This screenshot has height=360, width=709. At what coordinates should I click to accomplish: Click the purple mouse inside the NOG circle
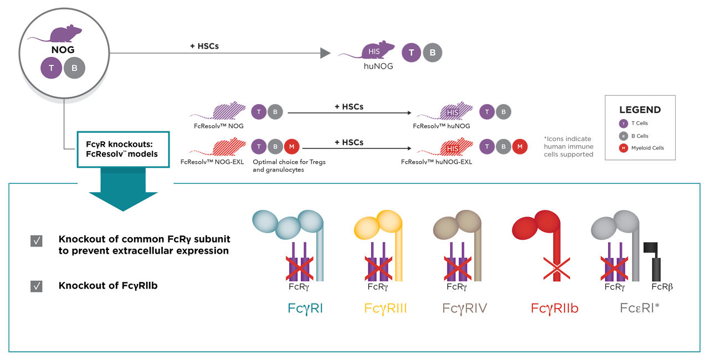pyautogui.click(x=65, y=34)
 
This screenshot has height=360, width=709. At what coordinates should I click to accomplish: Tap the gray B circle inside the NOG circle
pyautogui.click(x=74, y=69)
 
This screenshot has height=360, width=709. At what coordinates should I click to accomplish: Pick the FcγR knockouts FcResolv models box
pyautogui.click(x=121, y=150)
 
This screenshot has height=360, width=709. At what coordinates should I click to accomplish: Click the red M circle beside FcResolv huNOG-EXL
pyautogui.click(x=519, y=147)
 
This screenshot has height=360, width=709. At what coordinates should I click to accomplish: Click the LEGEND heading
pyautogui.click(x=640, y=110)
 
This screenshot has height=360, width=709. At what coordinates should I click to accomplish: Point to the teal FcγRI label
pyautogui.click(x=305, y=308)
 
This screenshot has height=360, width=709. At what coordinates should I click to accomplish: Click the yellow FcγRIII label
pyautogui.click(x=386, y=308)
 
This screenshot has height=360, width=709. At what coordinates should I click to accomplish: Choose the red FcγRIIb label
pyautogui.click(x=554, y=308)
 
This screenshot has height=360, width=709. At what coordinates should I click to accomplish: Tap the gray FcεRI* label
pyautogui.click(x=639, y=308)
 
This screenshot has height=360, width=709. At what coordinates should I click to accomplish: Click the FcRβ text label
pyautogui.click(x=662, y=287)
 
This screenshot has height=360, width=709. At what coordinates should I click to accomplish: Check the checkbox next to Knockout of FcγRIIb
pyautogui.click(x=37, y=286)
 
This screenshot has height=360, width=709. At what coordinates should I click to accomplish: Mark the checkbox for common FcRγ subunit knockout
pyautogui.click(x=37, y=241)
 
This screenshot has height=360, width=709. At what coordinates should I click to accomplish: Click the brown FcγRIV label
pyautogui.click(x=464, y=308)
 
